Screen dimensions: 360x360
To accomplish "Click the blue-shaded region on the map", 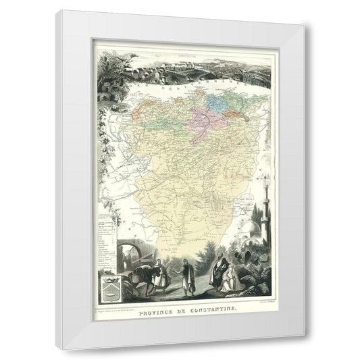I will point(217,101).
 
